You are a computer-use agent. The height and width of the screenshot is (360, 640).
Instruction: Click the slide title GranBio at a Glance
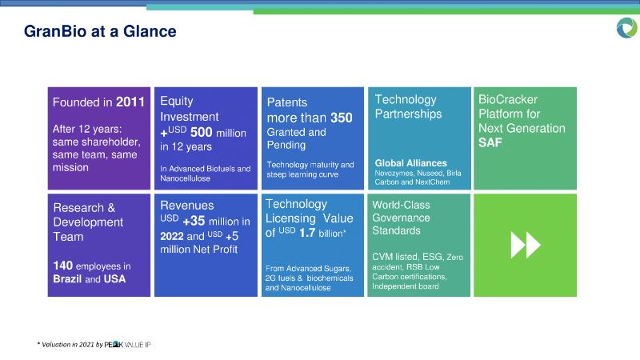(x=100, y=31)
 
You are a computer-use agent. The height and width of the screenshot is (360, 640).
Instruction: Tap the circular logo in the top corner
(x=626, y=28)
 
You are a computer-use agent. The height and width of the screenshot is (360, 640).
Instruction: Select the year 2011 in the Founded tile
(x=130, y=102)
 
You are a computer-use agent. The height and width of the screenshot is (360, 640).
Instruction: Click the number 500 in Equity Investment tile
(x=202, y=132)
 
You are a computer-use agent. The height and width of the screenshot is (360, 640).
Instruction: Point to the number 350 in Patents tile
(x=342, y=118)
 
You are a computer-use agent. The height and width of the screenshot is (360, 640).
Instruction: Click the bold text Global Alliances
(x=410, y=163)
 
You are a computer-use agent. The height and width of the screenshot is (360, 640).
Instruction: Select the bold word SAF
(x=490, y=142)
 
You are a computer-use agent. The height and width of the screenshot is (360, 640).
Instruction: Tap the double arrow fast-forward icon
(x=526, y=245)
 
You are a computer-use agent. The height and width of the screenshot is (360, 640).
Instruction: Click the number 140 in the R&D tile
(x=63, y=266)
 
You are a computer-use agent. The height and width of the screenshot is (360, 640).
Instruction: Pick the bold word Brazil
(x=67, y=278)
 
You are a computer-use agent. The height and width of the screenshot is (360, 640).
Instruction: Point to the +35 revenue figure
(x=194, y=221)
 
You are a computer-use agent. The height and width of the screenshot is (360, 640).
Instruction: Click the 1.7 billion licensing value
(x=322, y=233)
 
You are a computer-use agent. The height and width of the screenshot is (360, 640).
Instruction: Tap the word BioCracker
(x=508, y=99)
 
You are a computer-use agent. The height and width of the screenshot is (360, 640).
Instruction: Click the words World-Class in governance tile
(x=401, y=205)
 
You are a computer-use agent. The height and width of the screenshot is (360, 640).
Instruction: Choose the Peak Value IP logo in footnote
(x=127, y=345)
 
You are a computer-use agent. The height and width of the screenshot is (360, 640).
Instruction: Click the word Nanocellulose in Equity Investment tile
(x=185, y=178)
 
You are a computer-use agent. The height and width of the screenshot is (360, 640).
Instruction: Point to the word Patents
(x=287, y=102)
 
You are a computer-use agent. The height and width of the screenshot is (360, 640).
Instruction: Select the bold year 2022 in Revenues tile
(x=171, y=236)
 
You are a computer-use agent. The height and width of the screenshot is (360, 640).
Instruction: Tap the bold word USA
(x=114, y=278)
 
